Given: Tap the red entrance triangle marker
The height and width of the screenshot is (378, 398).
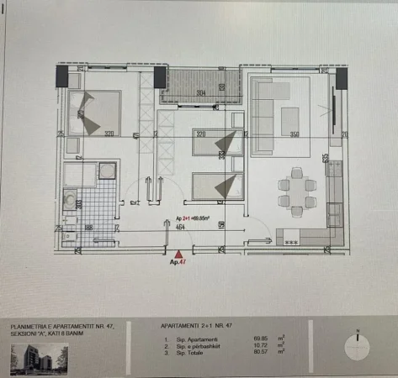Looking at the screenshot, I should point(178,252).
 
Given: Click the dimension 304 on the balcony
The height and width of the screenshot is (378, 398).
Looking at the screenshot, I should point(201,92).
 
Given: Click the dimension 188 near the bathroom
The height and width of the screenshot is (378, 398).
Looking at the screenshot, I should point(88,226).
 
